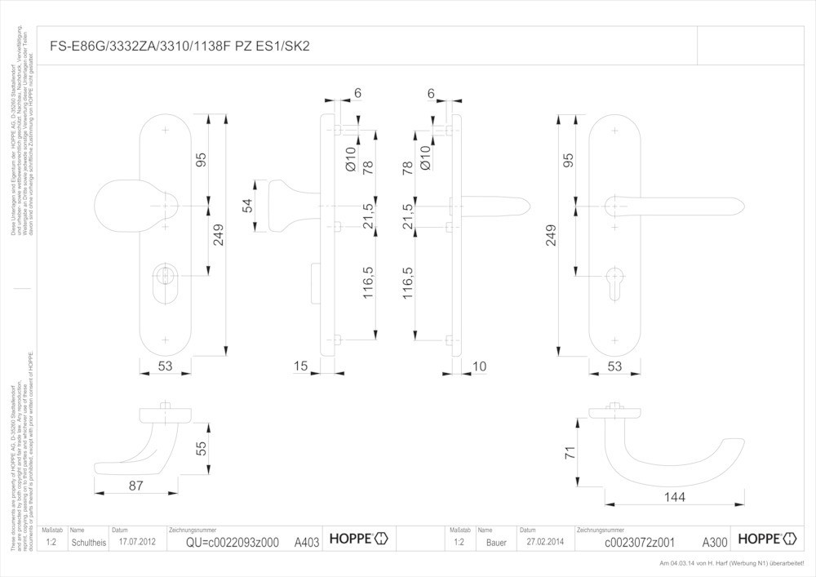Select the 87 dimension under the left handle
[x=136, y=486]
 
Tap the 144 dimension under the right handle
[x=674, y=496]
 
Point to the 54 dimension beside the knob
[x=247, y=206]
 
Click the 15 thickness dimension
[x=300, y=366]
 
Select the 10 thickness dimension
[x=479, y=366]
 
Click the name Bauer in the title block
[x=495, y=542]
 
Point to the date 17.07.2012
[x=136, y=541]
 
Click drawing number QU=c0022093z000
[x=232, y=542]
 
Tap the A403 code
[x=307, y=542]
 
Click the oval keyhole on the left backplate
[x=166, y=281]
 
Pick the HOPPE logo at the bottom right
[x=766, y=539]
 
